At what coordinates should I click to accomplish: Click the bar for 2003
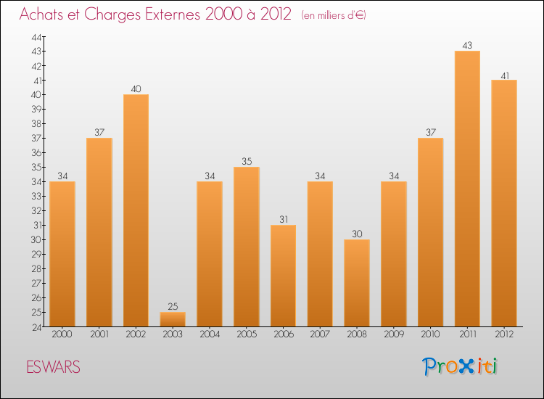coord(173,319)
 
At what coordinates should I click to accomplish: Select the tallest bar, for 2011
coord(467,189)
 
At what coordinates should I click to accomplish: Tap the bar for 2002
coord(136,210)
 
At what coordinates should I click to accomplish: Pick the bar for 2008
coord(357,283)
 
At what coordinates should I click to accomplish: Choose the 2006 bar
coord(283,276)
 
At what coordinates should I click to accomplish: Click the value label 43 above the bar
coord(467,45)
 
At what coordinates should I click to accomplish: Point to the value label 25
coord(173,306)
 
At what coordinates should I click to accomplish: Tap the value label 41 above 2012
coord(504,74)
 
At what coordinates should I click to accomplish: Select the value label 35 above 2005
coord(247,161)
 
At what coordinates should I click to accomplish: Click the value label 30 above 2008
coord(357,234)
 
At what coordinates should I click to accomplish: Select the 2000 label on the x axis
coord(62,335)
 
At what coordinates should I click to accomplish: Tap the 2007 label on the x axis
coord(320,335)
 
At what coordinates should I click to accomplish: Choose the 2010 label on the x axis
coord(430,335)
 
